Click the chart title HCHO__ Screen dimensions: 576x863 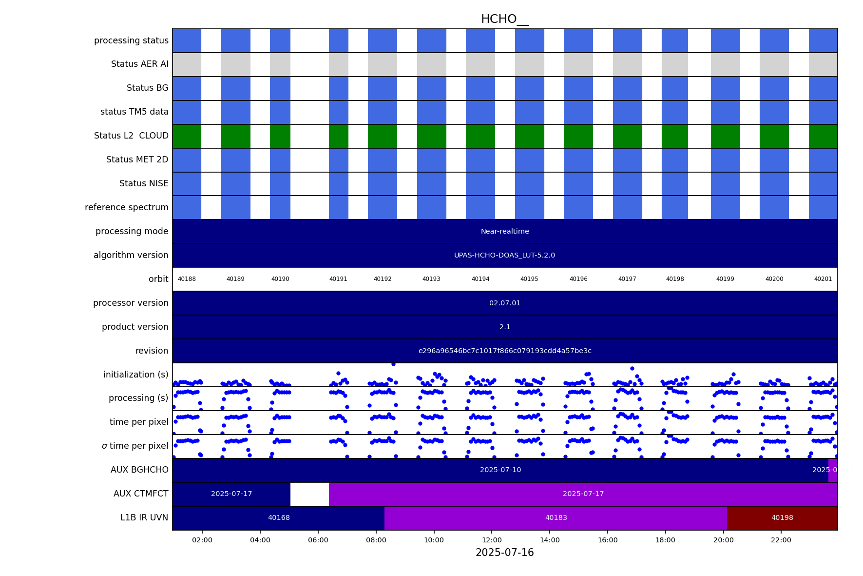click(504, 19)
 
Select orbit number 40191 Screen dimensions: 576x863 click(338, 279)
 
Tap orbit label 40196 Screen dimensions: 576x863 click(578, 279)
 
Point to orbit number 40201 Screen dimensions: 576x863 click(823, 279)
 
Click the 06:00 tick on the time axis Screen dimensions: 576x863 click(318, 540)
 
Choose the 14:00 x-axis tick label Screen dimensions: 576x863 click(550, 540)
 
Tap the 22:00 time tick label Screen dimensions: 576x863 click(781, 540)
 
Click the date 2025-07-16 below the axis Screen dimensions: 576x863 click(504, 553)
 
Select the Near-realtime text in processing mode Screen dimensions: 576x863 click(505, 232)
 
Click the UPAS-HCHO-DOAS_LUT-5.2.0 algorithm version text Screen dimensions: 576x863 click(504, 256)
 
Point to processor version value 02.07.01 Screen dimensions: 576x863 click(505, 303)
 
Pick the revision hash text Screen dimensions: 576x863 click(505, 351)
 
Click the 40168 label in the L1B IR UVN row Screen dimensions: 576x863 click(279, 518)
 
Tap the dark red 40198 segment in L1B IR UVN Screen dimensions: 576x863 click(782, 518)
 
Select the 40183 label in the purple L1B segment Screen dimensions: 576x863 click(556, 518)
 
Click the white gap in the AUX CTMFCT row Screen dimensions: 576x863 click(309, 494)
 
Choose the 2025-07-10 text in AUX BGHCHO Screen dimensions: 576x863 click(500, 470)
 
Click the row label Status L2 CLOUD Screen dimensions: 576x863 click(131, 136)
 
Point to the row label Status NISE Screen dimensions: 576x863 click(144, 184)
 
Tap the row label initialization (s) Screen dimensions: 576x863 click(135, 375)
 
